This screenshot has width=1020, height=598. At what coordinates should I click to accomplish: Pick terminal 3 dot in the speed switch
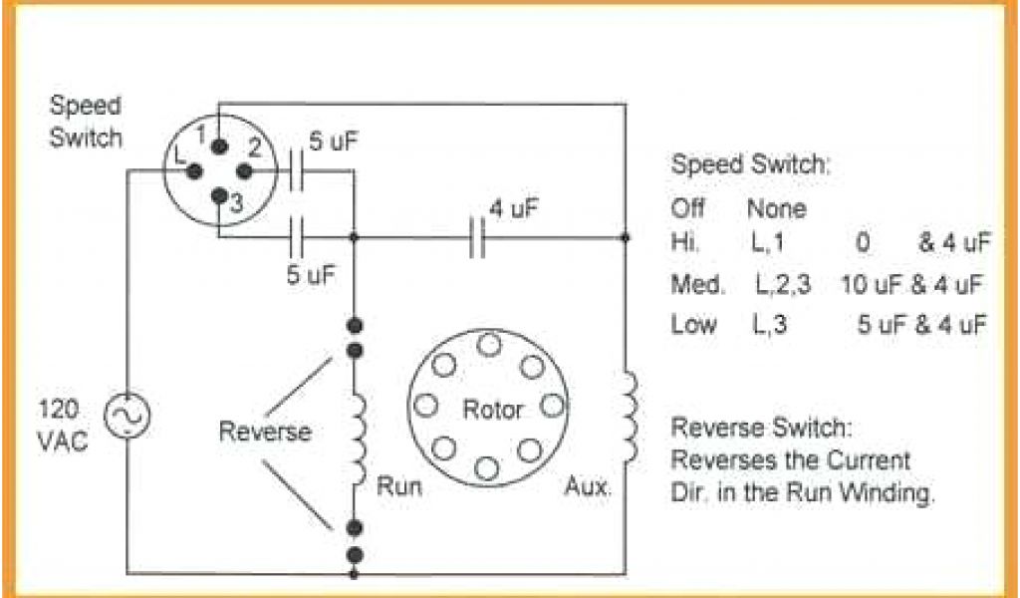click(219, 194)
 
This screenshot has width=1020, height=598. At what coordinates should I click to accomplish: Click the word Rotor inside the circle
click(492, 409)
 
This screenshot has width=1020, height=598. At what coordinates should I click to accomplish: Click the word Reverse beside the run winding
click(265, 432)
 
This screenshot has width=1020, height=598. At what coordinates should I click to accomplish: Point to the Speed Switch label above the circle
click(86, 121)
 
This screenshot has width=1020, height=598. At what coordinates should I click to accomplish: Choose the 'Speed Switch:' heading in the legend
click(750, 165)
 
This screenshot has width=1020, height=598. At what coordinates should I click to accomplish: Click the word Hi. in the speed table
click(686, 241)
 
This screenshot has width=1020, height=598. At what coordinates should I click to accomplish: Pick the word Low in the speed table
click(692, 325)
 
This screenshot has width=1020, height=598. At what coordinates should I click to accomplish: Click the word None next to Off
click(776, 209)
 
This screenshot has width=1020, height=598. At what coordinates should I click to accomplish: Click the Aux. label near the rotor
click(588, 488)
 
